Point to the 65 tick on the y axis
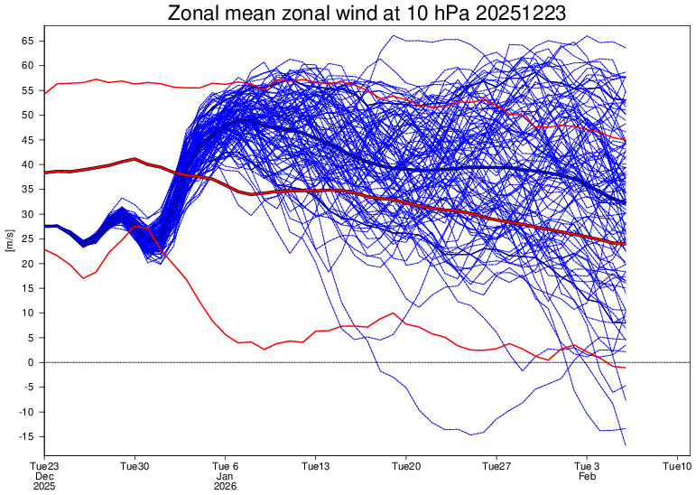pyautogui.click(x=28, y=42)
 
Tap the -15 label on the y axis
pyautogui.click(x=26, y=436)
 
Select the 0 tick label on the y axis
pyautogui.click(x=32, y=362)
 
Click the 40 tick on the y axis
pyautogui.click(x=28, y=165)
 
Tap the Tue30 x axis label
pyautogui.click(x=135, y=467)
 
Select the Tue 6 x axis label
pyautogui.click(x=226, y=467)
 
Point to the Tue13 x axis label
pyautogui.click(x=316, y=467)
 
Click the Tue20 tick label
pyautogui.click(x=406, y=467)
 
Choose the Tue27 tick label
pyautogui.click(x=496, y=467)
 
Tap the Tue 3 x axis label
pyautogui.click(x=588, y=467)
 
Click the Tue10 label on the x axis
pyautogui.click(x=677, y=467)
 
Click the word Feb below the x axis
pyautogui.click(x=588, y=476)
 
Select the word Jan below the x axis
pyautogui.click(x=226, y=476)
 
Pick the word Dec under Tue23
pyautogui.click(x=45, y=476)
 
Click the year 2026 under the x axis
pyautogui.click(x=226, y=486)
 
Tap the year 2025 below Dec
pyautogui.click(x=45, y=486)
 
